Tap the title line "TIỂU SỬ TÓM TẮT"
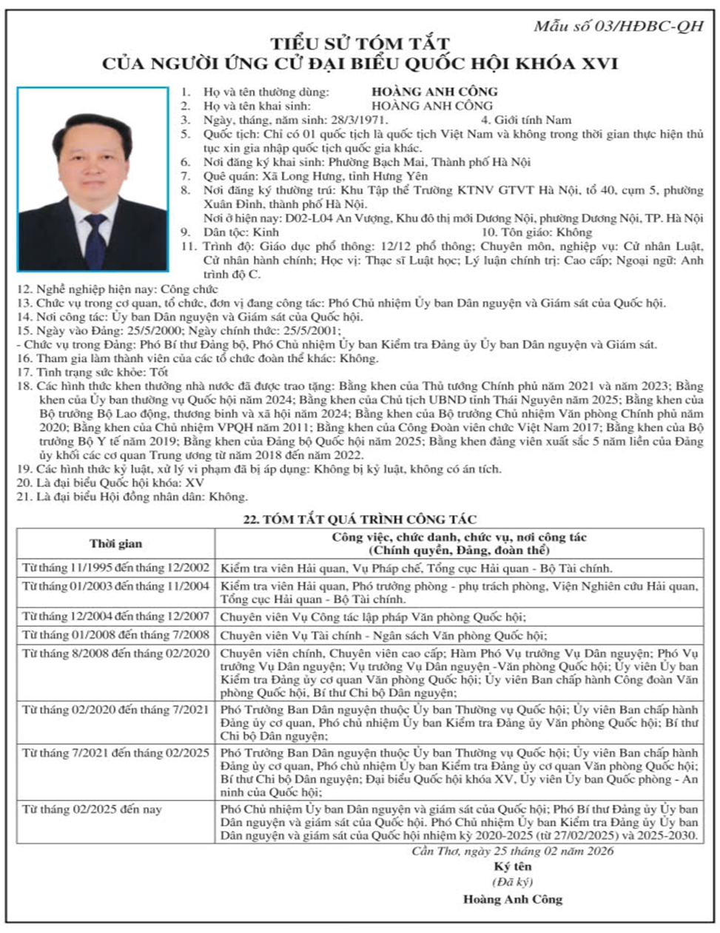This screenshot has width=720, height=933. coord(359,44)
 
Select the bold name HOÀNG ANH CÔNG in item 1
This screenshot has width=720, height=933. coord(434,92)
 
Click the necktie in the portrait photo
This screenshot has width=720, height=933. coord(95,237)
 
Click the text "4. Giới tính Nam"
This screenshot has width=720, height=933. coord(526,120)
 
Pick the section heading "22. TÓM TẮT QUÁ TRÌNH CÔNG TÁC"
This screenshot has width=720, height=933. coord(360,520)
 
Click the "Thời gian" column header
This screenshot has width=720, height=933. coord(116,544)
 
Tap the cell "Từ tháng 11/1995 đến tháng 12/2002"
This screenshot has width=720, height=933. coord(116,568)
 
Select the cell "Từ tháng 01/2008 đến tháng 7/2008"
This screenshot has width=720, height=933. coord(116,635)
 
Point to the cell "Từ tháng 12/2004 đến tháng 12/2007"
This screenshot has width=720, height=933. coord(116,616)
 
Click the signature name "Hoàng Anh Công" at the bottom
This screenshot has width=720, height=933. coord(513,900)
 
